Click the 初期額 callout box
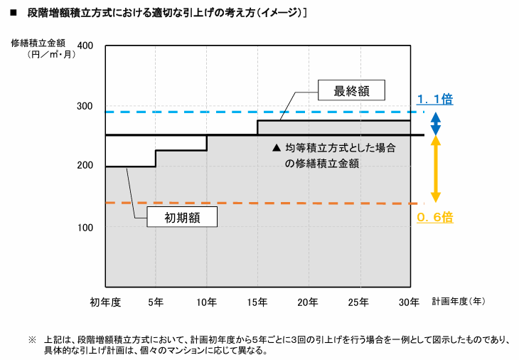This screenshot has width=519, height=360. pyautogui.click(x=182, y=217)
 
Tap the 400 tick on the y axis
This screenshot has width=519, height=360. pyautogui.click(x=85, y=46)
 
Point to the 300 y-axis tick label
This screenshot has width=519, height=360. pyautogui.click(x=85, y=107)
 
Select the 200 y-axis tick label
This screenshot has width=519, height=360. pyautogui.click(x=85, y=166)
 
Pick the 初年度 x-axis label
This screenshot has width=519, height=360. pyautogui.click(x=105, y=302)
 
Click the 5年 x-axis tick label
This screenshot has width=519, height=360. pyautogui.click(x=156, y=302)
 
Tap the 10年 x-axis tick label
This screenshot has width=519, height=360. pyautogui.click(x=206, y=302)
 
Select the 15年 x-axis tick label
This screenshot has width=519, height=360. pyautogui.click(x=257, y=302)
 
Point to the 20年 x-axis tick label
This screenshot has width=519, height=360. pyautogui.click(x=308, y=302)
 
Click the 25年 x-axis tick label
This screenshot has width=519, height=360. pyautogui.click(x=358, y=302)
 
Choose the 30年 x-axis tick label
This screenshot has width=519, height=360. pyautogui.click(x=409, y=302)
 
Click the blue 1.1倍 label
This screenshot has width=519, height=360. pyautogui.click(x=434, y=100)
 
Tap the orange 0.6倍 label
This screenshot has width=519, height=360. pyautogui.click(x=434, y=217)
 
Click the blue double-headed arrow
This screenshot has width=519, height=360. pyautogui.click(x=436, y=124)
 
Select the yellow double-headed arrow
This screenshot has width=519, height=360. pyautogui.click(x=436, y=169)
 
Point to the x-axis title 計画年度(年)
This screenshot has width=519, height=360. pyautogui.click(x=459, y=302)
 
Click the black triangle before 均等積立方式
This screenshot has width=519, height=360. pyautogui.click(x=277, y=149)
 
